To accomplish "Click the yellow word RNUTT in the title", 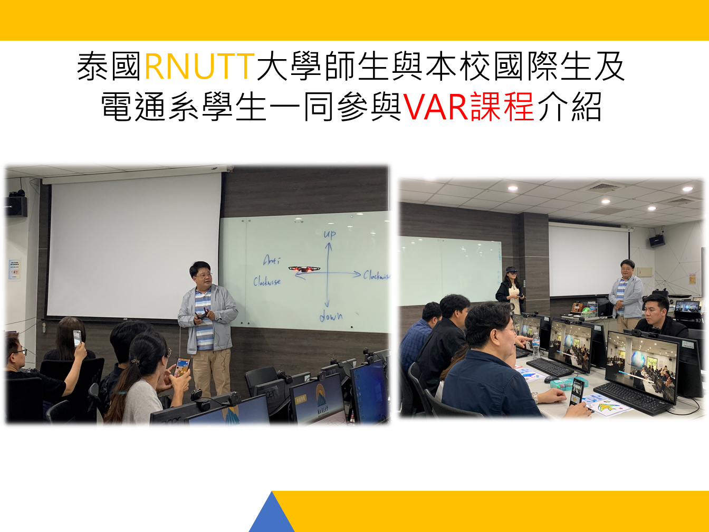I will pyautogui.click(x=199, y=67).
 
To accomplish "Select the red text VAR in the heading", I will pyautogui.click(x=436, y=107).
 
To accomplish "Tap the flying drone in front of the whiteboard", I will pyautogui.click(x=304, y=269).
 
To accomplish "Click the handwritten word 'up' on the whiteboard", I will pyautogui.click(x=330, y=234).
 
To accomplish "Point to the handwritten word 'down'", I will pyautogui.click(x=331, y=317).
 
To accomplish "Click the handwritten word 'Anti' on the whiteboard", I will pyautogui.click(x=272, y=260).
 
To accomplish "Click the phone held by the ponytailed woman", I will pyautogui.click(x=181, y=367).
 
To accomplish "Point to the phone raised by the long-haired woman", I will pyautogui.click(x=77, y=338).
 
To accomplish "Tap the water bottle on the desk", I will pyautogui.click(x=535, y=345).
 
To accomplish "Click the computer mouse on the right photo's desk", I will pyautogui.click(x=551, y=379).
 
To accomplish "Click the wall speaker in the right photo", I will pyautogui.click(x=656, y=240).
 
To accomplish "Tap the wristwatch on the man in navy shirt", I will pyautogui.click(x=534, y=397).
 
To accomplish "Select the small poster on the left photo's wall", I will pyautogui.click(x=14, y=269).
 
